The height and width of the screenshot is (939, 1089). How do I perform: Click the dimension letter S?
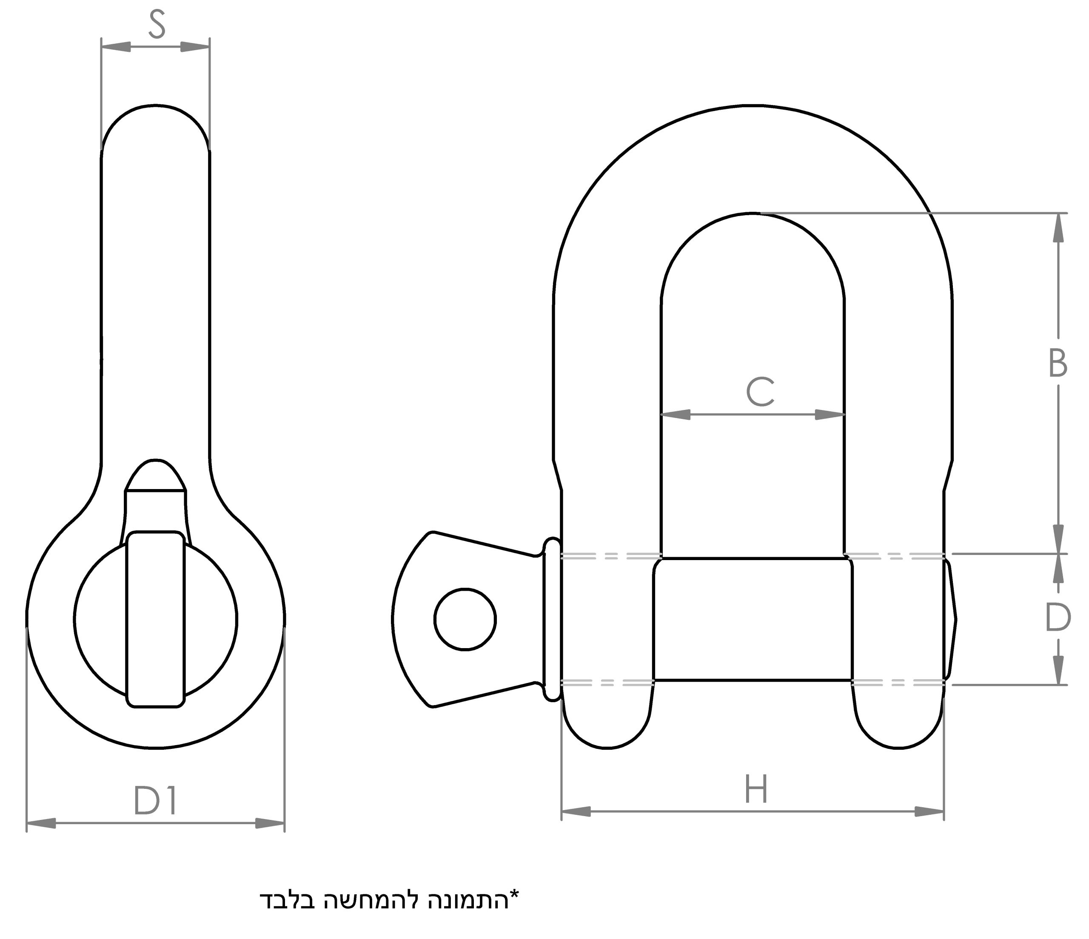157,25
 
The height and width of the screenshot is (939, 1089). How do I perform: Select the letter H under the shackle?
756,790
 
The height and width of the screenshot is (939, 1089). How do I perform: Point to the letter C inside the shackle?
760,392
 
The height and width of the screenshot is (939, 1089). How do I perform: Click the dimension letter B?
1058,363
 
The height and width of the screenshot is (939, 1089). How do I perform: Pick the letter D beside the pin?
1058,618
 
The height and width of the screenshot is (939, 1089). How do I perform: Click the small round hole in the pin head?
465,620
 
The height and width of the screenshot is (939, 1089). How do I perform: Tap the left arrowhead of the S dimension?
116,47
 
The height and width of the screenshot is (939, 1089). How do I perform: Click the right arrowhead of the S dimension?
195,47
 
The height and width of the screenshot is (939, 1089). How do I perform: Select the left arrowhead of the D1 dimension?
41,823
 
